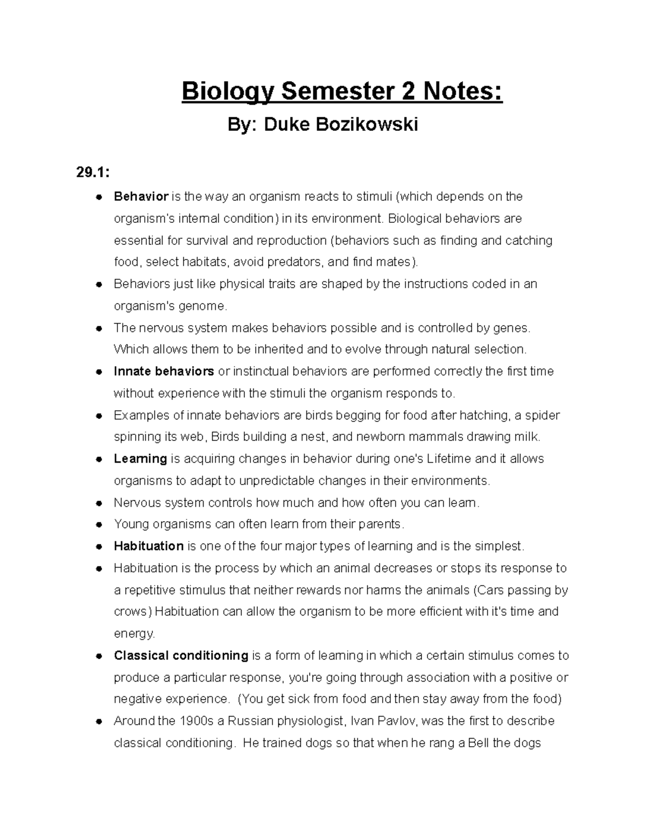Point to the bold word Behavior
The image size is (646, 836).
141,196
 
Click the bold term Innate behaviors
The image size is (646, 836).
164,371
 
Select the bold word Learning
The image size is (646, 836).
141,459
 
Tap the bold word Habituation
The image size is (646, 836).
149,546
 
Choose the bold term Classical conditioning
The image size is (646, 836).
181,656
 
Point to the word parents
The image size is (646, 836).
379,524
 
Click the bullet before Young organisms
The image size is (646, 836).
99,525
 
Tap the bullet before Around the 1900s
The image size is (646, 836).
99,721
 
